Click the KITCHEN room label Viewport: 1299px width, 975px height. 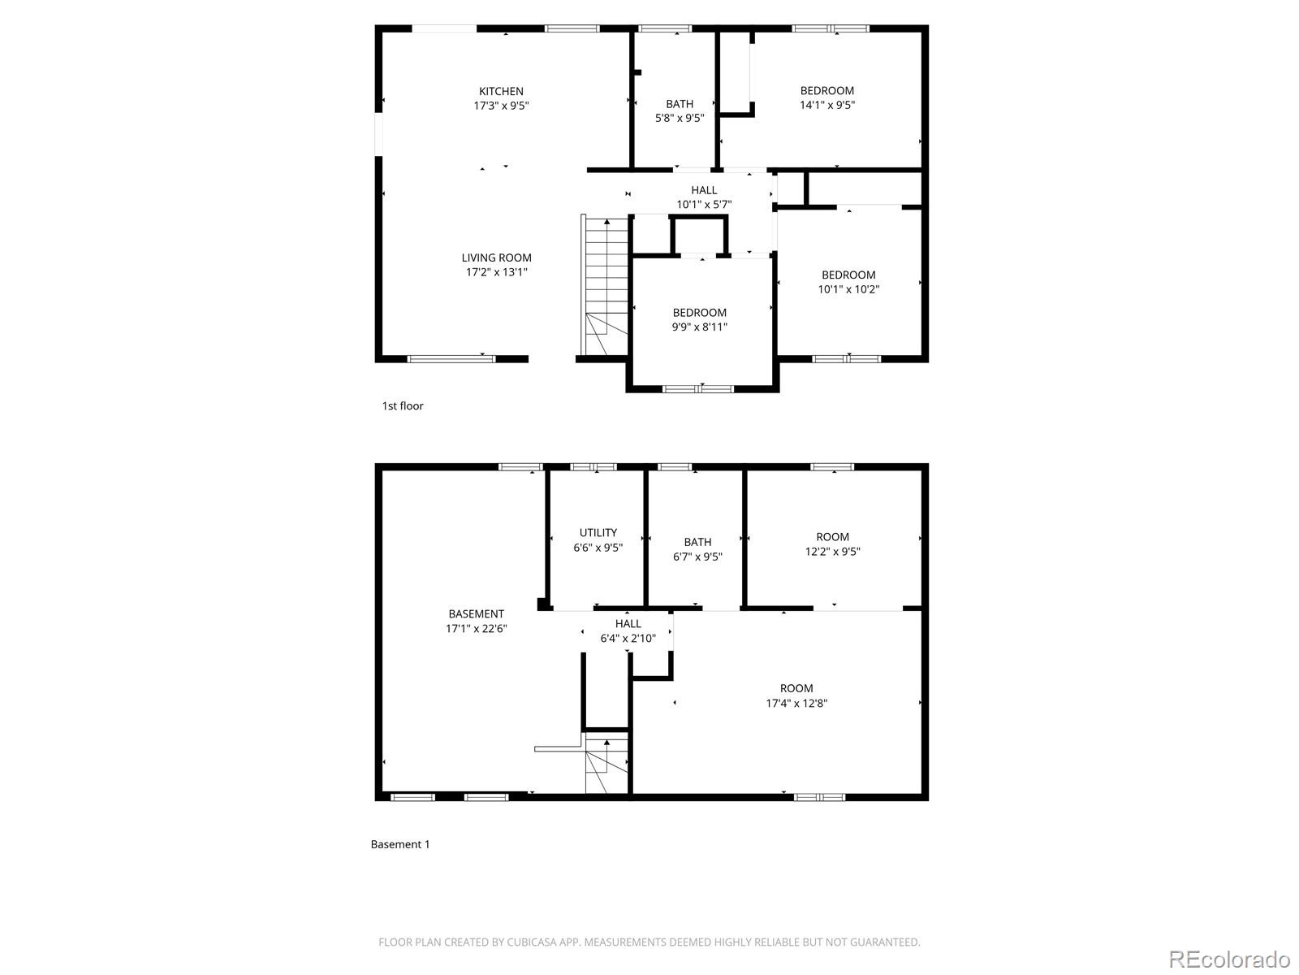pos(501,92)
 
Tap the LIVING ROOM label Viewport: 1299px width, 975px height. pos(496,258)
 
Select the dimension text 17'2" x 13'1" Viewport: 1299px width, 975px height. pos(496,272)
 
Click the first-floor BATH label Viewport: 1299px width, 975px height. pos(680,104)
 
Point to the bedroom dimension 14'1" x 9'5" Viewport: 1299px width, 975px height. pos(827,105)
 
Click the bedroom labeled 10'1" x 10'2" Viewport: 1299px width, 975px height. pos(848,282)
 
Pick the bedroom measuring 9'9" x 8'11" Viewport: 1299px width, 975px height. pos(699,320)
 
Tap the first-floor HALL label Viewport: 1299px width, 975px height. pos(704,190)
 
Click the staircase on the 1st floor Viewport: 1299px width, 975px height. pos(606,284)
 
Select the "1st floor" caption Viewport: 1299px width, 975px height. pos(403,406)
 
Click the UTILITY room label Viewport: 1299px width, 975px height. pos(598,533)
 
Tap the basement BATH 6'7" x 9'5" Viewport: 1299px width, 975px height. pos(697,549)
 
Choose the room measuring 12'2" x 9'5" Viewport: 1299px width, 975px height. pos(832,544)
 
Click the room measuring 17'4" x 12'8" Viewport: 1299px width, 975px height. pos(796,696)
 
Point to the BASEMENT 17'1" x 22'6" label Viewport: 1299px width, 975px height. pos(476,621)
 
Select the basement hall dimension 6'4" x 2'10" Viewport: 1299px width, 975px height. pos(628,639)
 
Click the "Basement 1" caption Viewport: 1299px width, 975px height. pos(400,844)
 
